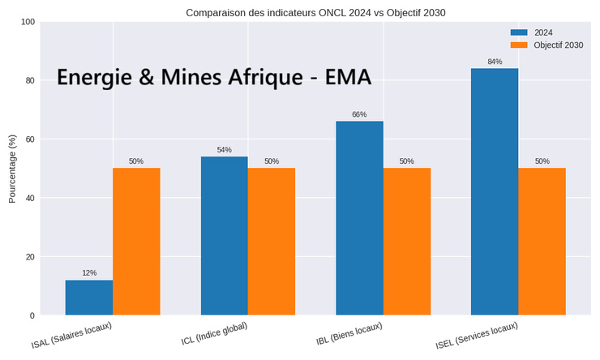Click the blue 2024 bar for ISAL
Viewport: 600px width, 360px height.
[x=89, y=298]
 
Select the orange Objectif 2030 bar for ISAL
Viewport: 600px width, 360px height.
[x=136, y=242]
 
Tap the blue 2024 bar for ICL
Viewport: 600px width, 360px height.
[x=224, y=236]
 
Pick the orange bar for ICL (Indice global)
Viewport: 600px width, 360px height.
[x=272, y=242]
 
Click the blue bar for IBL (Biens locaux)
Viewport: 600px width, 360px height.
[x=359, y=218]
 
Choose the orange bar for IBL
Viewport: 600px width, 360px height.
[x=406, y=242]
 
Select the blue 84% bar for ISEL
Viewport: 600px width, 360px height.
[x=494, y=191]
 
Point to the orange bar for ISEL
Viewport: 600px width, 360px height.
[x=542, y=242]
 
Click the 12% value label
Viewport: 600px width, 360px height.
[x=89, y=273]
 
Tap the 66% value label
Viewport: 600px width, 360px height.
[x=359, y=115]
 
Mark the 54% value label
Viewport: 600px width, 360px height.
[x=224, y=150]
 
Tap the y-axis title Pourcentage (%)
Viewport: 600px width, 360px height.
[x=12, y=169]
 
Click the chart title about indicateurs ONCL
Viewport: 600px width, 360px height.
[x=315, y=12]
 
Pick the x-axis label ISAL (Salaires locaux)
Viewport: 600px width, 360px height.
[x=71, y=336]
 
